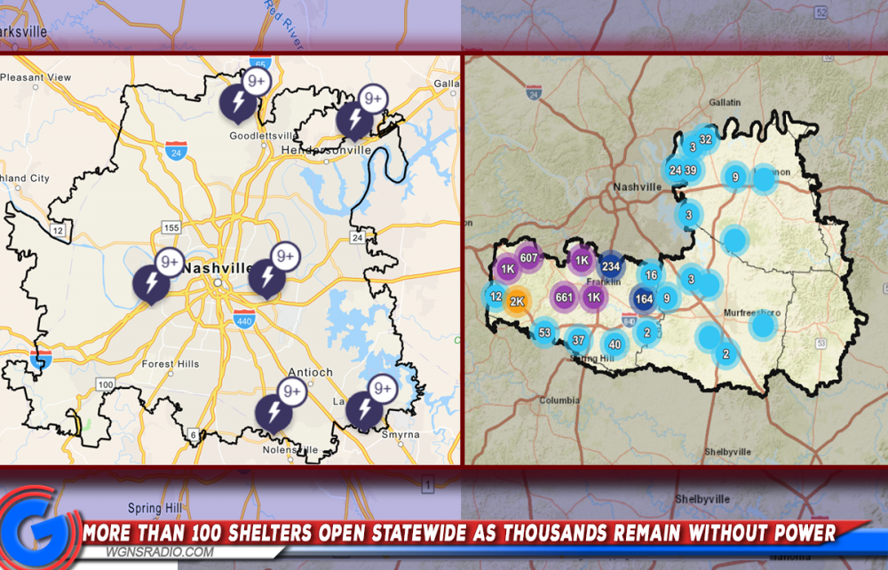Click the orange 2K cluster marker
(518, 302)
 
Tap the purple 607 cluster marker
(529, 258)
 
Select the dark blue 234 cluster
(610, 266)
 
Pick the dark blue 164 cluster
(644, 299)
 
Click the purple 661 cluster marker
(564, 297)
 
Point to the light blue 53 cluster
(544, 334)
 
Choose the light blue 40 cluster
(614, 344)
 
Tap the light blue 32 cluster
(706, 139)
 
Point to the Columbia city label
(559, 400)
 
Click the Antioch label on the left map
(310, 371)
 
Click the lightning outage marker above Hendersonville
(353, 121)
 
